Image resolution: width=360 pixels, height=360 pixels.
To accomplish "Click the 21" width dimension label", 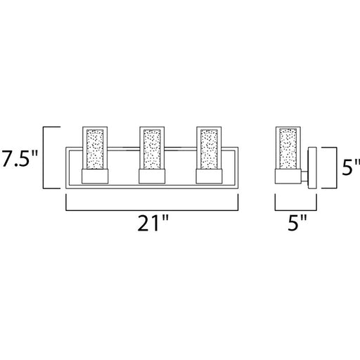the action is click(x=153, y=224).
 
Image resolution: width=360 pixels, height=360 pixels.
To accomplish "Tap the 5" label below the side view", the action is click(x=297, y=223).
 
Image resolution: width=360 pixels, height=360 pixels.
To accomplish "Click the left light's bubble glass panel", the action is click(x=95, y=149).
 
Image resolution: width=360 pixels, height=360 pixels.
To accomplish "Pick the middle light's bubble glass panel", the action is click(x=152, y=149).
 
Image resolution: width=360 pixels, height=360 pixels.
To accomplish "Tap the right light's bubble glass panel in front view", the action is click(x=209, y=149).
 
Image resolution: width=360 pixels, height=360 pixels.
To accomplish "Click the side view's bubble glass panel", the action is click(x=288, y=148).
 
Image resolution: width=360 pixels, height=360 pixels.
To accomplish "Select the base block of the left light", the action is click(x=95, y=176).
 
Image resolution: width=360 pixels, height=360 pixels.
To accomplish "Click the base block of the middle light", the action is click(x=152, y=176).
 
